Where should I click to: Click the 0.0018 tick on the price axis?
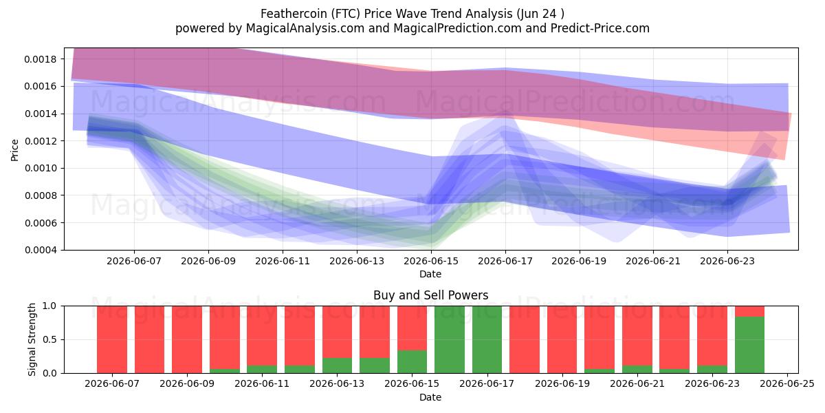pyautogui.click(x=41, y=59)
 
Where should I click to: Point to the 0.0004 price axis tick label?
pyautogui.click(x=41, y=251)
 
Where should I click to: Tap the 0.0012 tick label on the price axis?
pyautogui.click(x=41, y=141)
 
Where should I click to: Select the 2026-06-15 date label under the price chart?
pyautogui.click(x=431, y=262)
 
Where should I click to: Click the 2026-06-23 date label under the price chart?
pyautogui.click(x=727, y=262)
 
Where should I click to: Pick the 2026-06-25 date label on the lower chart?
pyautogui.click(x=787, y=384)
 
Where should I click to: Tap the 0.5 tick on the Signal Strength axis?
pyautogui.click(x=50, y=339)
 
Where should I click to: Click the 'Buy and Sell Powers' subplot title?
pyautogui.click(x=431, y=295)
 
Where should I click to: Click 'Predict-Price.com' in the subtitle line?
pyautogui.click(x=600, y=28)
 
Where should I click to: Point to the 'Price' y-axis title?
pyautogui.click(x=14, y=150)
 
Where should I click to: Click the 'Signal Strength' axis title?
pyautogui.click(x=32, y=339)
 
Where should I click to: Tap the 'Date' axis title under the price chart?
pyautogui.click(x=430, y=275)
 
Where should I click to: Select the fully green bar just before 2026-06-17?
pyautogui.click(x=450, y=339)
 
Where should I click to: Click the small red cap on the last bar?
pyautogui.click(x=750, y=311)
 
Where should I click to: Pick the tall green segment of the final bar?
pyautogui.click(x=750, y=345)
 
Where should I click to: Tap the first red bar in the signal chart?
pyautogui.click(x=112, y=339)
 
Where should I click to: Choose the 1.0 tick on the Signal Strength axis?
pyautogui.click(x=50, y=306)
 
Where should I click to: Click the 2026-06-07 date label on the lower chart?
pyautogui.click(x=112, y=384)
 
